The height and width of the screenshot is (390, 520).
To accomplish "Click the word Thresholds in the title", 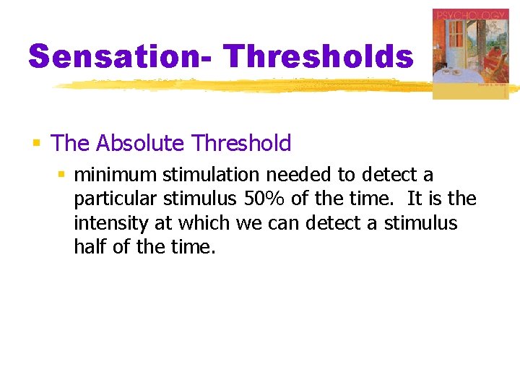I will point(318,56).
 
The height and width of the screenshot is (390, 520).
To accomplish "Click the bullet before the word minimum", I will point(61,175).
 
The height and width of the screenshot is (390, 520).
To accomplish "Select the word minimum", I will point(115,175).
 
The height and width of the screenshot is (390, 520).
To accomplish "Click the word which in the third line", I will point(205,223).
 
